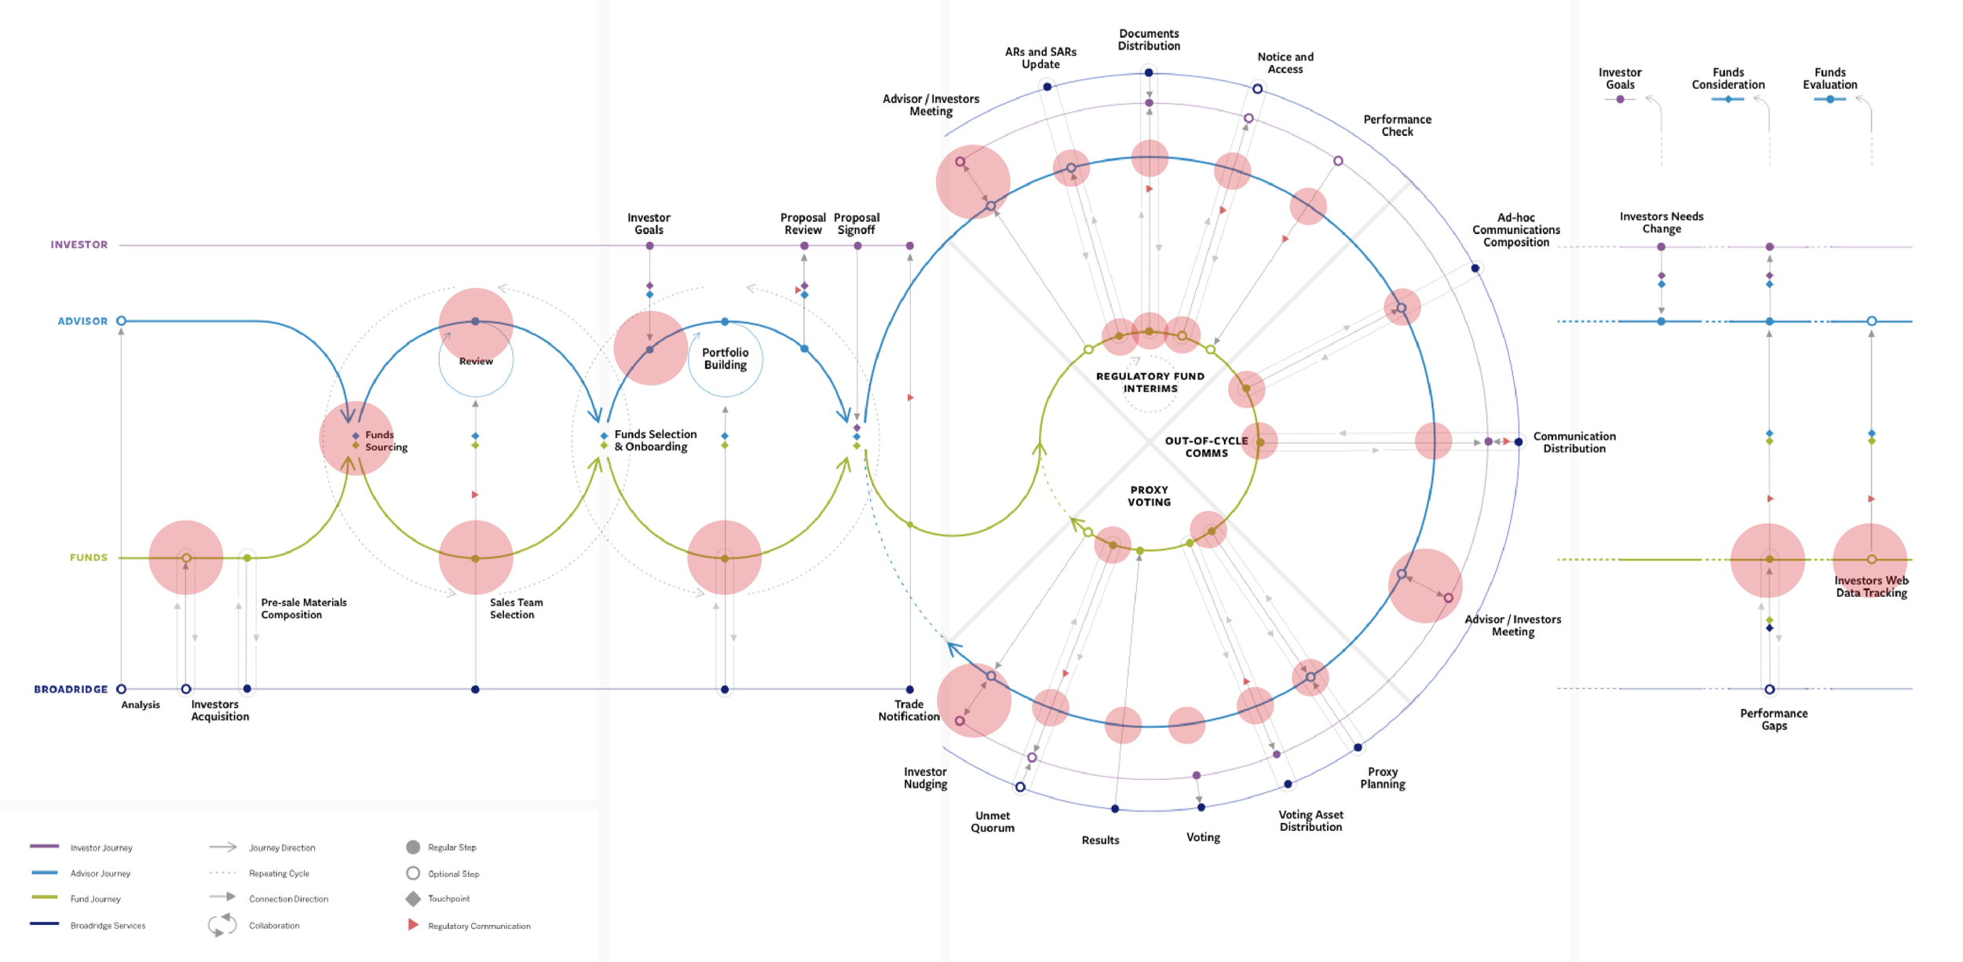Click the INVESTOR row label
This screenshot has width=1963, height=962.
pyautogui.click(x=79, y=245)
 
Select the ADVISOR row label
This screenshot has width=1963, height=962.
pyautogui.click(x=82, y=321)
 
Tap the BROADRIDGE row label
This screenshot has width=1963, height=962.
pyautogui.click(x=71, y=689)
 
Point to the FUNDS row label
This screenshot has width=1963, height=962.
pyautogui.click(x=88, y=558)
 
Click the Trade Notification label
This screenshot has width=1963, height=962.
pyautogui.click(x=908, y=711)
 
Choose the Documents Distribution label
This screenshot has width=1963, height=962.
pyautogui.click(x=1149, y=40)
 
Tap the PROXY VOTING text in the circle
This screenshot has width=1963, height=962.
pyautogui.click(x=1149, y=496)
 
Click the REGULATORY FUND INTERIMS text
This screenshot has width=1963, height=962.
pyautogui.click(x=1150, y=382)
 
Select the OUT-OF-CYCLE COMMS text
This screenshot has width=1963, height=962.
pyautogui.click(x=1206, y=447)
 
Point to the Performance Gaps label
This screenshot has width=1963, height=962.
pyautogui.click(x=1774, y=719)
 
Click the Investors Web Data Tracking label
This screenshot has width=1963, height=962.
pyautogui.click(x=1871, y=587)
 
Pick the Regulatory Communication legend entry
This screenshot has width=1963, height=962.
pyautogui.click(x=478, y=926)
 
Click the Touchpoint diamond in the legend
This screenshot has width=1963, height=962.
pyautogui.click(x=413, y=898)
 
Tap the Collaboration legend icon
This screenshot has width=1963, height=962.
pyautogui.click(x=222, y=925)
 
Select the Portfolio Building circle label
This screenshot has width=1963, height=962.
pyautogui.click(x=725, y=359)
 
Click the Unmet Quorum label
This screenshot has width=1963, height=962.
pyautogui.click(x=992, y=821)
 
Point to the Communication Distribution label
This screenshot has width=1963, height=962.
pyautogui.click(x=1574, y=442)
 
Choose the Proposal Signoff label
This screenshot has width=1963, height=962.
pyautogui.click(x=857, y=224)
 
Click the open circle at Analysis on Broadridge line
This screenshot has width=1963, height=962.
pyautogui.click(x=121, y=689)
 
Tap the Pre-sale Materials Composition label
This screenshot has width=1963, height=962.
pyautogui.click(x=303, y=609)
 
